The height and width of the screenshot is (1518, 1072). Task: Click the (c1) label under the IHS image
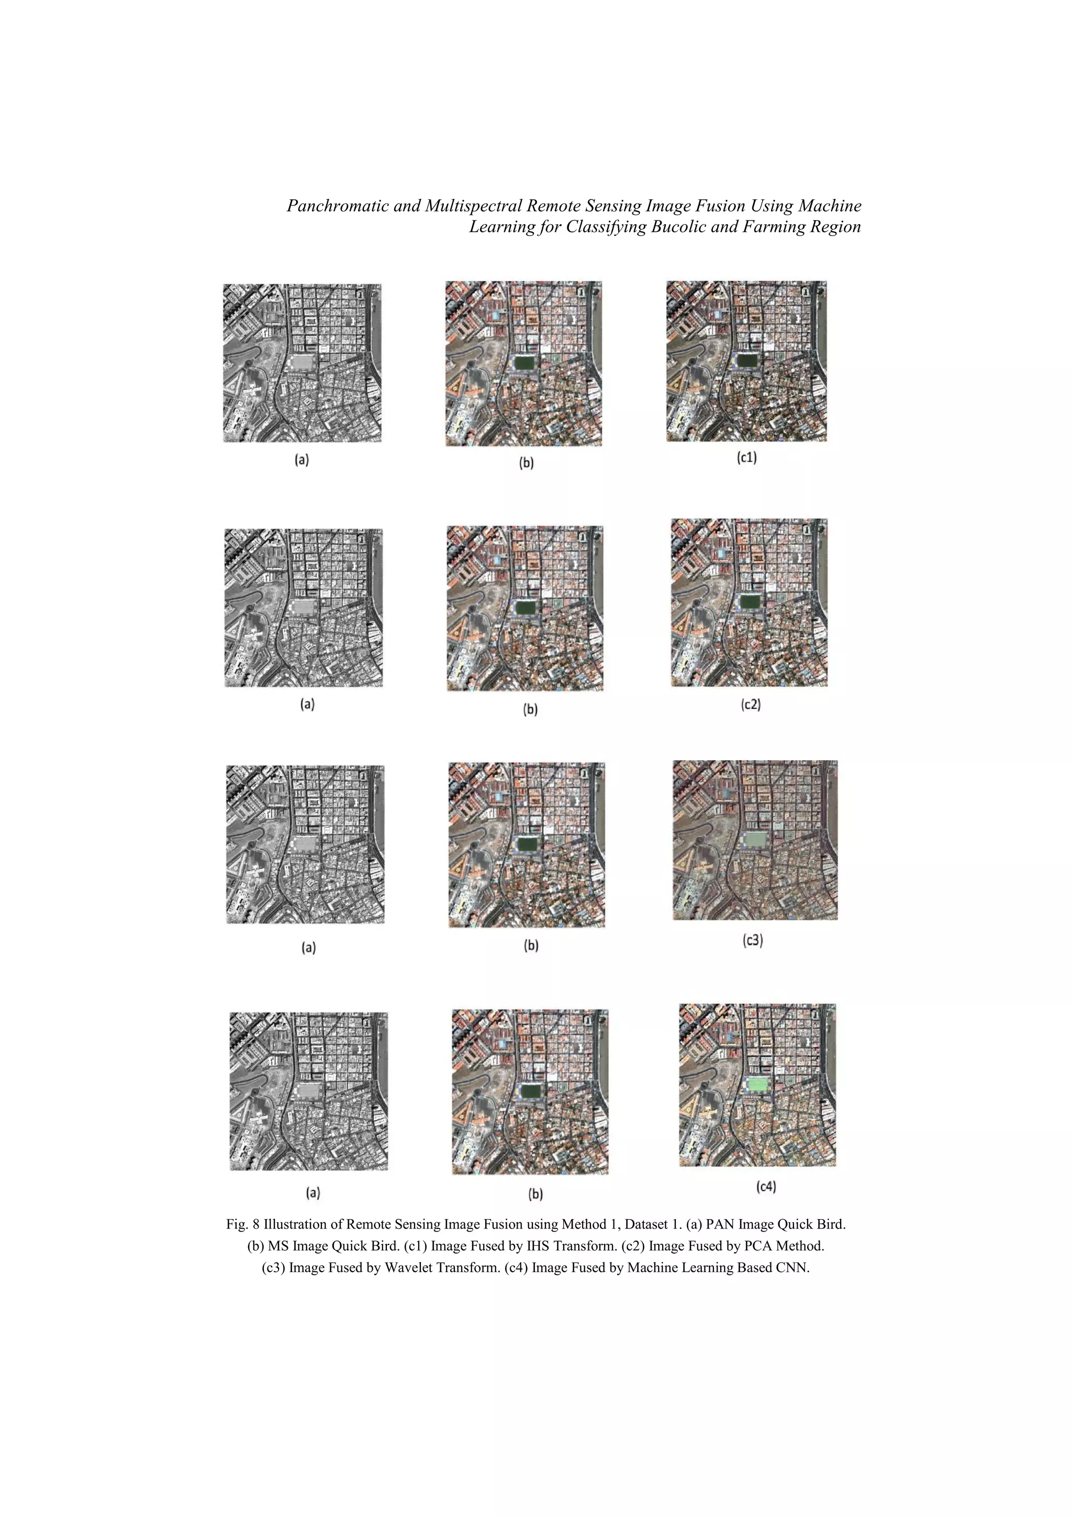point(746,457)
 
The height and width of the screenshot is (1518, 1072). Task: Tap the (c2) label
point(751,705)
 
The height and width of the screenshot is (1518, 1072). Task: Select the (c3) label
point(753,940)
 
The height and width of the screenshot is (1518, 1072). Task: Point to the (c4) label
point(766,1186)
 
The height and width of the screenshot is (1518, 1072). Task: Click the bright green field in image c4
point(758,1084)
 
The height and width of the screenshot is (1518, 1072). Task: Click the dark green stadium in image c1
point(748,360)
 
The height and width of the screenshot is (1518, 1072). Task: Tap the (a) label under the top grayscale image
point(301,460)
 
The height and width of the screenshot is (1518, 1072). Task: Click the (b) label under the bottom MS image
point(535,1194)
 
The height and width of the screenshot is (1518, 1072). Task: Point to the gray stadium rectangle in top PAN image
point(302,363)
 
